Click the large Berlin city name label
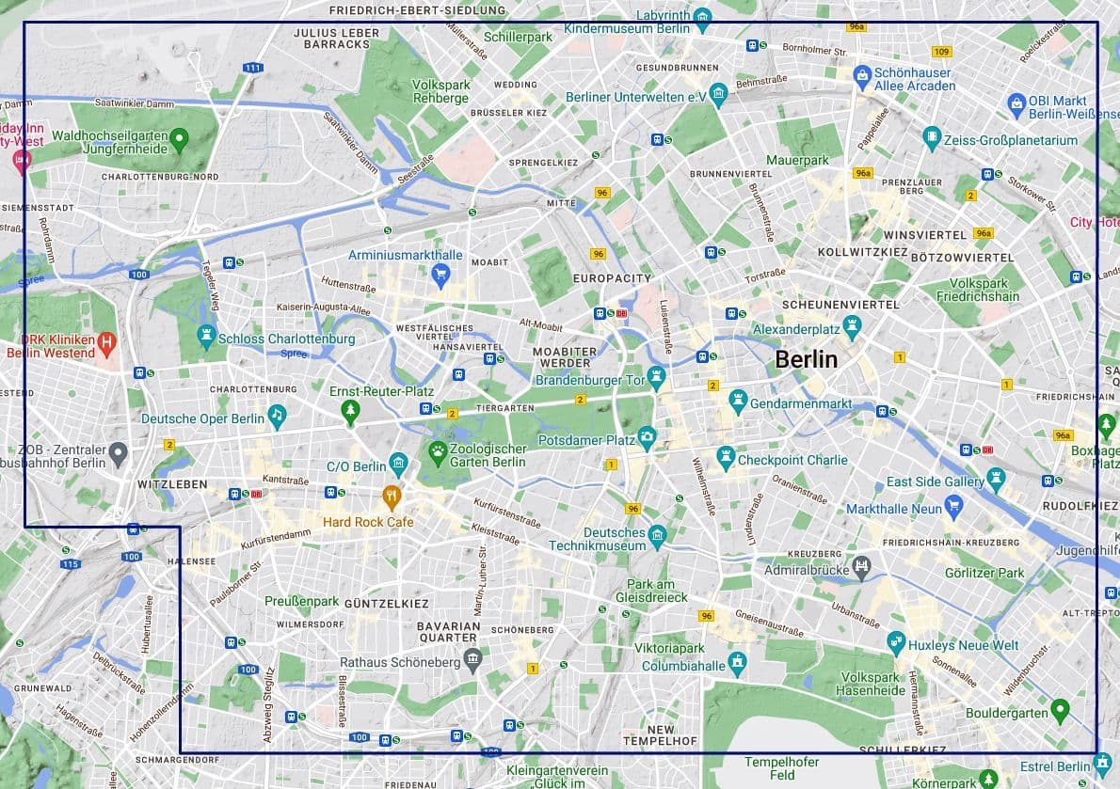tap(806, 359)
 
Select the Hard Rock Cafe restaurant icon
tap(392, 496)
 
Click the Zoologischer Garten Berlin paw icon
tap(438, 453)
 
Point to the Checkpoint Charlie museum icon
tap(725, 458)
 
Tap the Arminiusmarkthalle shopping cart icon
tap(440, 275)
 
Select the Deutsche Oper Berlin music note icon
tap(277, 414)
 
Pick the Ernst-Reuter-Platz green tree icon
tap(350, 410)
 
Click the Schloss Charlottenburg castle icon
tap(206, 335)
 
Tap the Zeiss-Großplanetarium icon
tap(932, 138)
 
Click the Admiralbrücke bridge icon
tap(861, 567)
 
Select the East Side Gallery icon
tap(996, 481)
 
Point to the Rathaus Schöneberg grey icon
tap(472, 656)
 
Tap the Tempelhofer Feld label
tap(782, 768)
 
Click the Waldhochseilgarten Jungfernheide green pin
tap(180, 140)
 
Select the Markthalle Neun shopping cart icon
tap(953, 508)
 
